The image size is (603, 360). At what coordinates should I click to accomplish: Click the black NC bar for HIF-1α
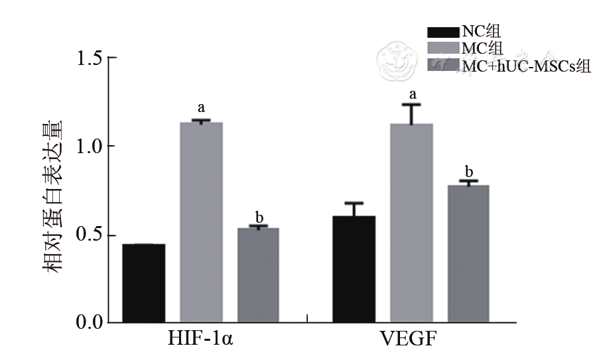click(143, 283)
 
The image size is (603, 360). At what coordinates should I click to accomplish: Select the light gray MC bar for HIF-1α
click(201, 222)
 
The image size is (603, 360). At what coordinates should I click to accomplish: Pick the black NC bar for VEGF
click(354, 269)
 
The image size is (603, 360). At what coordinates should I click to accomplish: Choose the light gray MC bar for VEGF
click(411, 223)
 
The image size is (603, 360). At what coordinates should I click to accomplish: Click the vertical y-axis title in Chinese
click(53, 198)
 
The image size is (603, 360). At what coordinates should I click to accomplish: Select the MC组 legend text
click(482, 48)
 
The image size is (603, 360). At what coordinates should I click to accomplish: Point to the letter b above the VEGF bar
click(469, 169)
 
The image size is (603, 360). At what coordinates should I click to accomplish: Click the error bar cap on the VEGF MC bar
click(411, 104)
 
